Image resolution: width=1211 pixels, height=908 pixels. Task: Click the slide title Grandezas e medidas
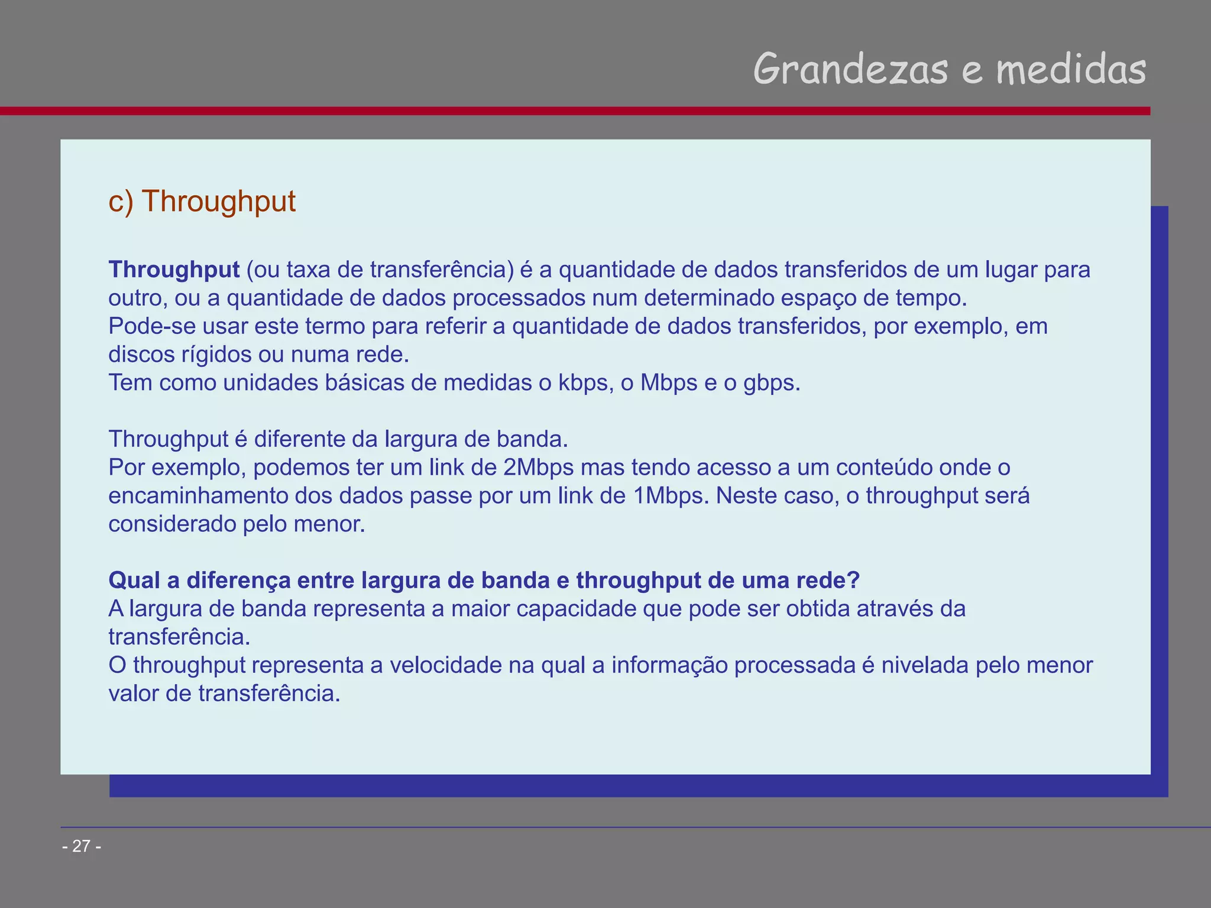(x=949, y=70)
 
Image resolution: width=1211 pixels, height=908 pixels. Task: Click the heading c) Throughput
(x=202, y=201)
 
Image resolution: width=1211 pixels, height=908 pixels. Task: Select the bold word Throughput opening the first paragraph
(x=174, y=270)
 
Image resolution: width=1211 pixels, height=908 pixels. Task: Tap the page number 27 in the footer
(x=82, y=847)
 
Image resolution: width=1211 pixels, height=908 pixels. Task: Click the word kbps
(x=583, y=383)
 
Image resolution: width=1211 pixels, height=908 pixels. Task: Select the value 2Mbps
(x=538, y=468)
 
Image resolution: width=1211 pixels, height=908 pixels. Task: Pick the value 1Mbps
(x=670, y=496)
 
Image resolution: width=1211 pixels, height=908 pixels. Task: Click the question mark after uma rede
(x=853, y=581)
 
